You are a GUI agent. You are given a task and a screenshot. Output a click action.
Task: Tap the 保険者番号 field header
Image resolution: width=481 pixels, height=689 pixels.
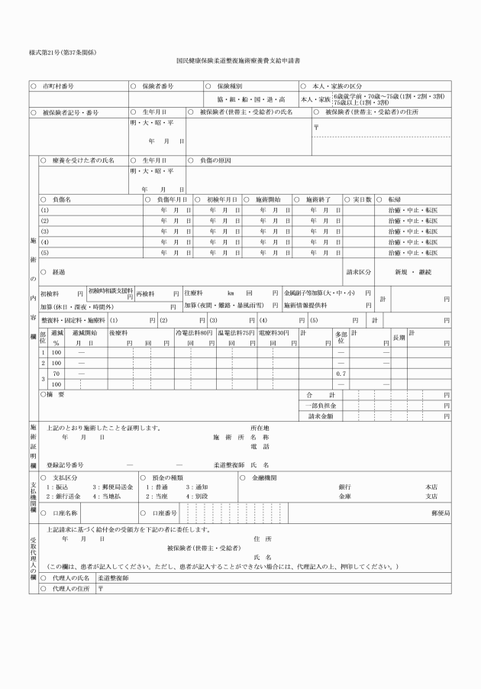[158, 86]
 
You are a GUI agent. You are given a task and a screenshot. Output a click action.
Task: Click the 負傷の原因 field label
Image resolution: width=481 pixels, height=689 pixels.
[215, 160]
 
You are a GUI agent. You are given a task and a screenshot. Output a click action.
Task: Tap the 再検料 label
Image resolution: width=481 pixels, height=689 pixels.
[147, 293]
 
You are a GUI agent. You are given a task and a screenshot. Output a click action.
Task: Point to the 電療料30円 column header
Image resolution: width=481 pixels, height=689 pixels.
[273, 334]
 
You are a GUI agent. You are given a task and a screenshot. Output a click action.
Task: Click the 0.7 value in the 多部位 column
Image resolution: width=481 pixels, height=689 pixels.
[341, 373]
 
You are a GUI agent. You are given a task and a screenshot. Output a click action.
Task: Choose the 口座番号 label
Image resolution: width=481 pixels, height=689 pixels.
[165, 513]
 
